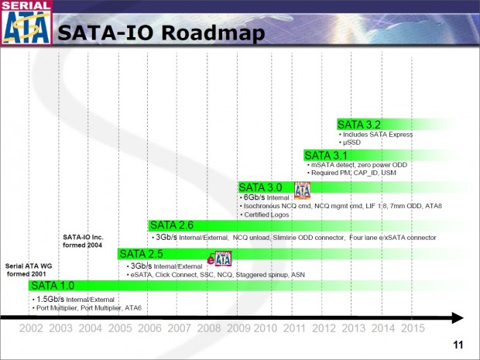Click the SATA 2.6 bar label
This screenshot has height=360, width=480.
click(x=173, y=225)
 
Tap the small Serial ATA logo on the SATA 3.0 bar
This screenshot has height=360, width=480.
click(x=302, y=190)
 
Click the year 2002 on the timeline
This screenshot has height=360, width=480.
click(x=31, y=328)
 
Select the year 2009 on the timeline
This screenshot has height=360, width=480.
click(x=238, y=328)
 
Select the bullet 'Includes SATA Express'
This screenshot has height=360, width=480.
click(x=379, y=135)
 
